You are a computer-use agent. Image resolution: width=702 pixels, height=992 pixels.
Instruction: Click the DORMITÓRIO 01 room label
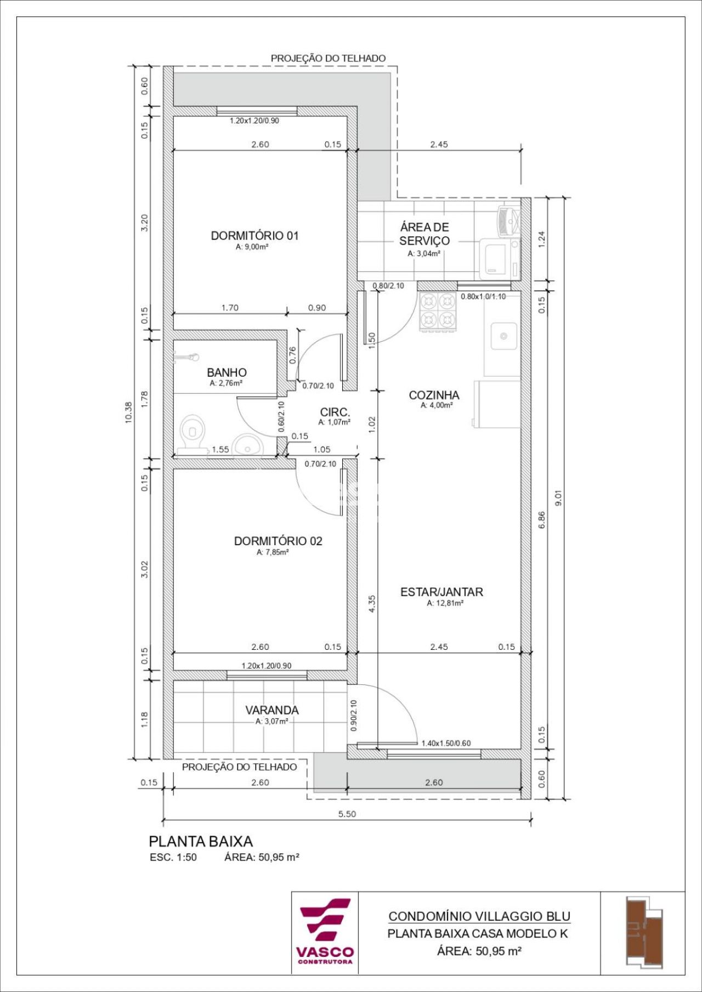[x=254, y=236]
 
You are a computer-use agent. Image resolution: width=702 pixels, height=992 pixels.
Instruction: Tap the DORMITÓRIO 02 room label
[x=278, y=541]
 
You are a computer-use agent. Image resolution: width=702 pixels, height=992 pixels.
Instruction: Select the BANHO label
[x=227, y=372]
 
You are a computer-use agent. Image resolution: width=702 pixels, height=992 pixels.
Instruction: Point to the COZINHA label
[x=434, y=395]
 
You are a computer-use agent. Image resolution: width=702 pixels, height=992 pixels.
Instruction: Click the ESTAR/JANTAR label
[x=441, y=592]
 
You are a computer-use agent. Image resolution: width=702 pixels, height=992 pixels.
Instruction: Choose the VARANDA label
[x=272, y=710]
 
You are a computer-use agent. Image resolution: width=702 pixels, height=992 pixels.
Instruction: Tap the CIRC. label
[x=335, y=412]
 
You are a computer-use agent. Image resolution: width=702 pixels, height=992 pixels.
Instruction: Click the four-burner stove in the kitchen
[x=438, y=311]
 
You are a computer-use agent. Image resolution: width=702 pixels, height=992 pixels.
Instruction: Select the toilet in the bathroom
[x=191, y=434]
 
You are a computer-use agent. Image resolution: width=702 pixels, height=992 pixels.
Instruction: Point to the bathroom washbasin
[x=247, y=445]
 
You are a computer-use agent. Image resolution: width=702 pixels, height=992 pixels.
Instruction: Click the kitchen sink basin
[x=503, y=336]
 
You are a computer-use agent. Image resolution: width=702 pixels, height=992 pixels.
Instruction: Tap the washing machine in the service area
[x=500, y=258]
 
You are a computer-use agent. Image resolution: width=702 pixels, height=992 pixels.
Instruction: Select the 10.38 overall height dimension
[x=129, y=412]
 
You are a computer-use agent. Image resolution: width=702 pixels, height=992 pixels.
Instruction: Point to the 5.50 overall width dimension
[x=347, y=814]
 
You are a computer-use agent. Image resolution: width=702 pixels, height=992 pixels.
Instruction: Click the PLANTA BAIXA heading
[x=201, y=841]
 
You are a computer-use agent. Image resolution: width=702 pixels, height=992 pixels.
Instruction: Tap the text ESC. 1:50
[x=173, y=858]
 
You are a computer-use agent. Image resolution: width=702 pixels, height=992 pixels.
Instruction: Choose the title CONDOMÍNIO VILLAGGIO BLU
[x=479, y=916]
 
